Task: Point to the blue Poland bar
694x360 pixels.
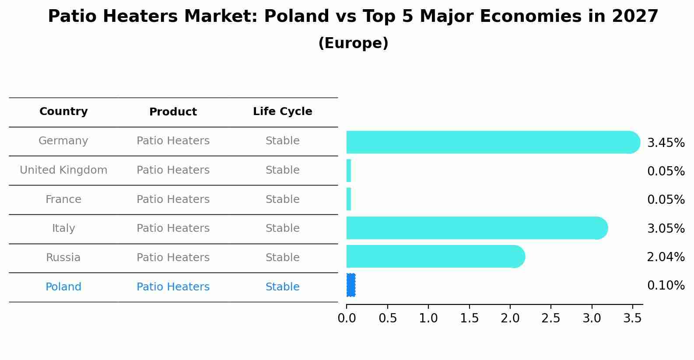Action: click(x=351, y=285)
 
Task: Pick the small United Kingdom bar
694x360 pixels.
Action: click(x=349, y=171)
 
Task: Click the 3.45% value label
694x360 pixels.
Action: click(x=666, y=143)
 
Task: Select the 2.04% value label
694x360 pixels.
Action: click(x=666, y=257)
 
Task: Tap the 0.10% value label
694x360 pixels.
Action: click(x=666, y=286)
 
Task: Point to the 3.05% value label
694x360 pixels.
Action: click(x=666, y=228)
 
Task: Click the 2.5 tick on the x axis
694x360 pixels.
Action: click(x=550, y=318)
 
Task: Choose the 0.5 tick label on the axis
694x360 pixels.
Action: click(x=387, y=318)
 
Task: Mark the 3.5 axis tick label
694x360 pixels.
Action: click(x=632, y=318)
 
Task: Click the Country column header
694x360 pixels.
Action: click(x=63, y=112)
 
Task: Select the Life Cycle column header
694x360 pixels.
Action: click(x=282, y=112)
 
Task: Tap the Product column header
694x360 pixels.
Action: click(x=173, y=112)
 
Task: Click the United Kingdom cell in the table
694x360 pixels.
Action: click(x=63, y=170)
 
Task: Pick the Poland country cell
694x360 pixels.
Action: click(x=63, y=287)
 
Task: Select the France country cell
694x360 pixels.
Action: click(x=63, y=199)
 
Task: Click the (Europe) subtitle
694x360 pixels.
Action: click(x=353, y=43)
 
